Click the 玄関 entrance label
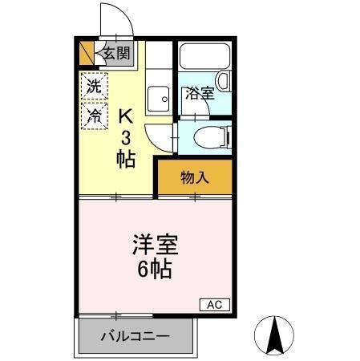(x=116, y=55)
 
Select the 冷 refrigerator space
(x=94, y=115)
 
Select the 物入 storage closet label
(x=194, y=176)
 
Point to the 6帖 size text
(x=155, y=269)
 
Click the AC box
(x=214, y=305)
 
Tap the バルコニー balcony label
(x=134, y=336)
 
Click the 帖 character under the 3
(x=125, y=156)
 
